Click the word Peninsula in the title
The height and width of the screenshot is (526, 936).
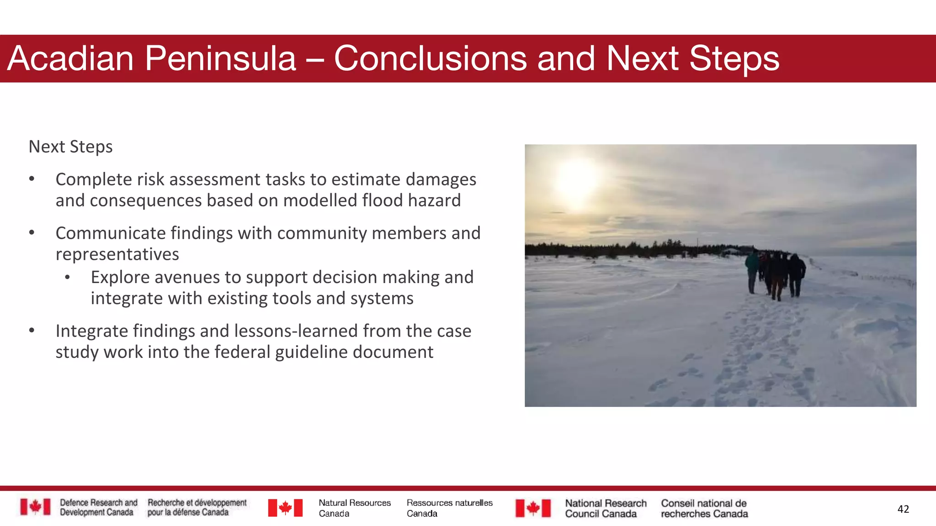[220, 58]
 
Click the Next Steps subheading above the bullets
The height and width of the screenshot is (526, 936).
[70, 147]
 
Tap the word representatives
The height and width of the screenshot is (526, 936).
[117, 254]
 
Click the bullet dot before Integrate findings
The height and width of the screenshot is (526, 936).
[32, 330]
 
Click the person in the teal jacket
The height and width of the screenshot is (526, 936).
[752, 269]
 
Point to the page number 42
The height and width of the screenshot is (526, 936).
[903, 509]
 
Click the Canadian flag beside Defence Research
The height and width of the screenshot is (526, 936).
[35, 507]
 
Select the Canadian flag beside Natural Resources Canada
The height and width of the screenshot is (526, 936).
[285, 508]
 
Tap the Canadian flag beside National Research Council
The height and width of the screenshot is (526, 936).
[533, 508]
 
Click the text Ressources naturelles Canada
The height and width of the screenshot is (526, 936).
[449, 508]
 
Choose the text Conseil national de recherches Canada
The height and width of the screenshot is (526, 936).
[704, 509]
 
